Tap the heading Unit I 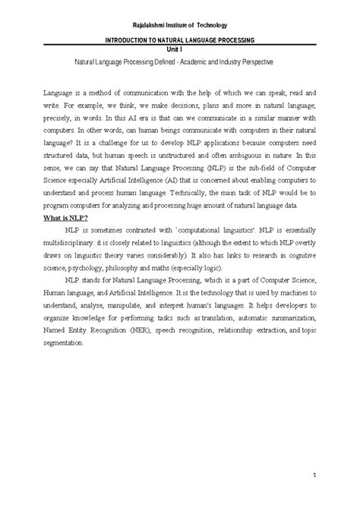180,48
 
